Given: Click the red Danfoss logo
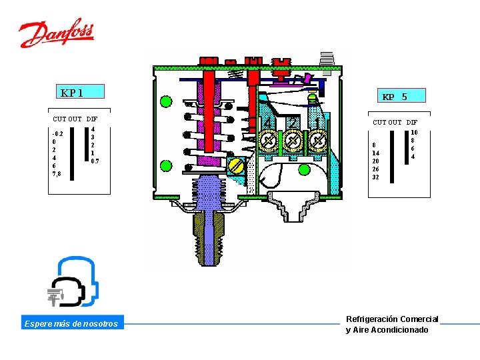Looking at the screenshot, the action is [x=56, y=33].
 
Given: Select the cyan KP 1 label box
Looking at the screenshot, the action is [x=80, y=91].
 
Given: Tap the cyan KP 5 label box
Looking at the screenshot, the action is [x=401, y=95].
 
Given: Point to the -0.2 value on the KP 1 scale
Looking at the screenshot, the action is [x=57, y=134].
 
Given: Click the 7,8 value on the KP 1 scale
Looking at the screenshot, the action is [x=57, y=174].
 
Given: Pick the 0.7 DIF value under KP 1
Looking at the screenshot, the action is [x=95, y=161].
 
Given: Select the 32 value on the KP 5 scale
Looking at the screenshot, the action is [x=375, y=177].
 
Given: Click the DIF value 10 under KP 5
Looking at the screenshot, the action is [x=414, y=132].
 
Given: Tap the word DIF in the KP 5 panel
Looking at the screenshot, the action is [x=412, y=123].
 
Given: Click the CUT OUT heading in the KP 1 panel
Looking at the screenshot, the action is [x=67, y=119].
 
